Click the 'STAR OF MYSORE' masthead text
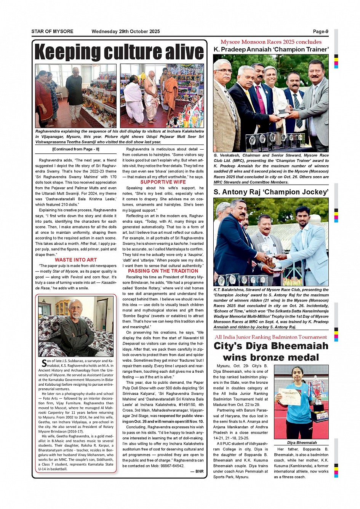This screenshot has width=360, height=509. point(52,32)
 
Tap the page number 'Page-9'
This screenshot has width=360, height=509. point(320,32)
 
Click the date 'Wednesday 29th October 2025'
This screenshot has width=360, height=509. point(126,32)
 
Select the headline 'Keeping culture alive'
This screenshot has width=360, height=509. point(119,52)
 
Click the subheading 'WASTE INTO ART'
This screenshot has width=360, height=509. point(76,260)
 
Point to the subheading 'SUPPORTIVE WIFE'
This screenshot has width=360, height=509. point(163,182)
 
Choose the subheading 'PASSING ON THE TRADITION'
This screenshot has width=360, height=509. point(163,271)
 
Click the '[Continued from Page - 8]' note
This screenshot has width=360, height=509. point(76,149)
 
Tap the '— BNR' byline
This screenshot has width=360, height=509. point(197,471)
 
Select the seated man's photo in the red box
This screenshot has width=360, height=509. point(76,326)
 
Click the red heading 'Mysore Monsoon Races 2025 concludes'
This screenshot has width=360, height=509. point(271,42)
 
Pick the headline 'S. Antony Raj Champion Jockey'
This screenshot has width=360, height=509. point(271,192)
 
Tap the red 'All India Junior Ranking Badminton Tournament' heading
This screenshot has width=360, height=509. point(271,337)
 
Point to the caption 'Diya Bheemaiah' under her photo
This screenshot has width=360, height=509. point(302,443)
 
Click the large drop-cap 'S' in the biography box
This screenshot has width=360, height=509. point(44,363)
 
